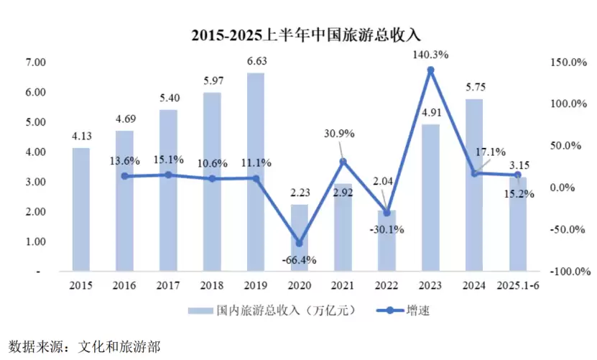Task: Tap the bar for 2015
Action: pos(81,210)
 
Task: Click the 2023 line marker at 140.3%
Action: pos(430,70)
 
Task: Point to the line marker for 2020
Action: pos(299,243)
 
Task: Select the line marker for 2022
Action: pos(387,213)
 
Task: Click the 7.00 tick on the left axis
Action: pos(35,63)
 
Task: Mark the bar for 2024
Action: pos(473,185)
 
